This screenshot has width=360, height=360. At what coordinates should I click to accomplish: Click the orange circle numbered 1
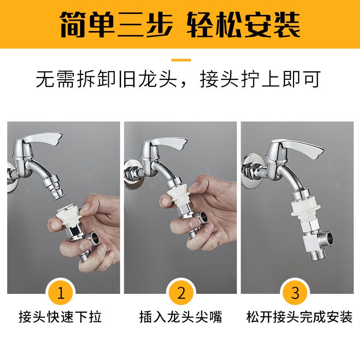(60, 293)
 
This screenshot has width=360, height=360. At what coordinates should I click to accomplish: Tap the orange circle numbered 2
(181, 293)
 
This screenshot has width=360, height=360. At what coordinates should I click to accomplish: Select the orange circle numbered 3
(295, 293)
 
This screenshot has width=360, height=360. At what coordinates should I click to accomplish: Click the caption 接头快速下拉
(60, 317)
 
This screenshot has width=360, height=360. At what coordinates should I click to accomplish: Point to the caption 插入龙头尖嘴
(181, 317)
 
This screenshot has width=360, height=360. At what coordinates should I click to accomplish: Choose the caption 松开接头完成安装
(299, 317)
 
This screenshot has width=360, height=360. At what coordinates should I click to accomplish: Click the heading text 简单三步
(116, 25)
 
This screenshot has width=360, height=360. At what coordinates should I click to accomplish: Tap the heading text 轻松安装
(243, 25)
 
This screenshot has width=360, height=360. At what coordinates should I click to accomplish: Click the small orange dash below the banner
(181, 60)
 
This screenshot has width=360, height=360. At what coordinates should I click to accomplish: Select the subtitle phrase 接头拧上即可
(260, 79)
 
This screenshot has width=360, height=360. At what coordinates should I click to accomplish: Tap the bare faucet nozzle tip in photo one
(57, 193)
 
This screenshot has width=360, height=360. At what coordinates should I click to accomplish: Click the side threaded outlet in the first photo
(93, 238)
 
